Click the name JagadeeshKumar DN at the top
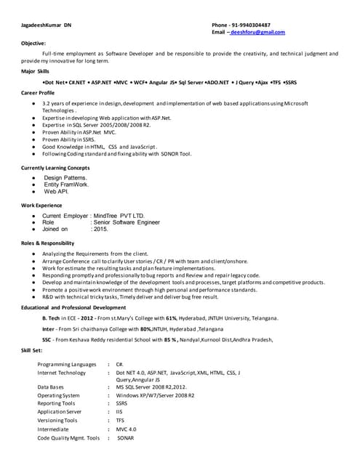click(x=47, y=25)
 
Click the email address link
click(x=257, y=33)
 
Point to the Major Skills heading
click(x=36, y=71)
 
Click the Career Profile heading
click(x=38, y=93)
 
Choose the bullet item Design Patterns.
click(x=65, y=178)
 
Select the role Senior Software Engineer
click(x=131, y=222)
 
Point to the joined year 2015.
click(x=100, y=229)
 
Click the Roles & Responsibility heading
click(x=47, y=243)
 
